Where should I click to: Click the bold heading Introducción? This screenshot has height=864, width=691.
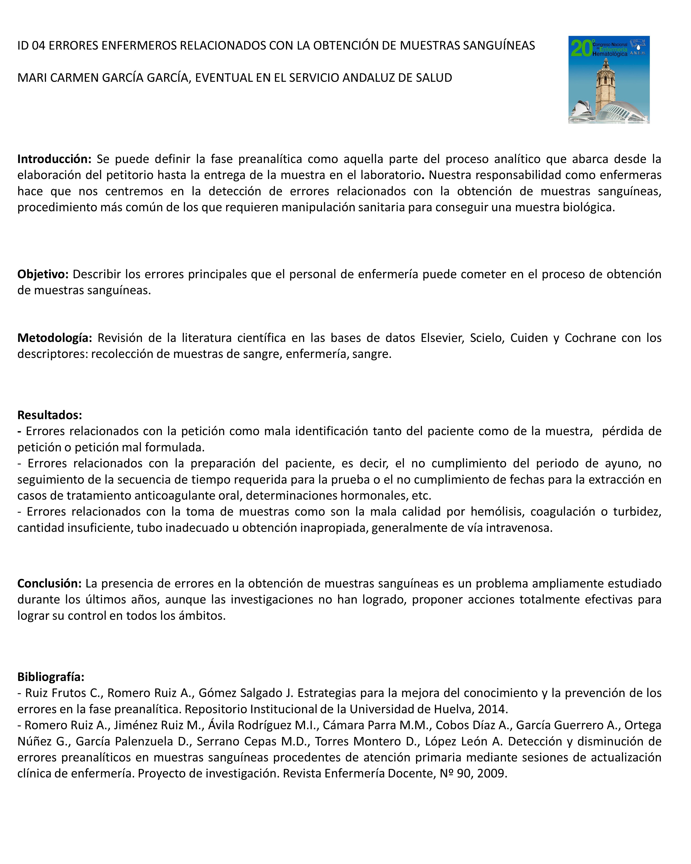54,159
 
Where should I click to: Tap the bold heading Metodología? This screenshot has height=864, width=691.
54,338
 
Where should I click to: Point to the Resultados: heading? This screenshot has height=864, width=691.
50,415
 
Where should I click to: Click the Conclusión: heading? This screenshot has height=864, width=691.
49,584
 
